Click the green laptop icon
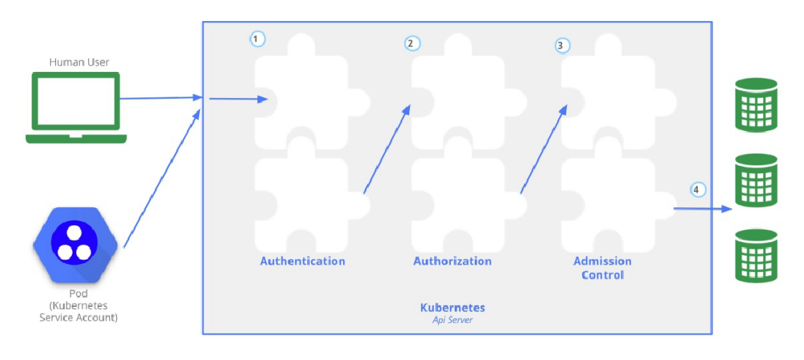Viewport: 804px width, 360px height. click(76, 106)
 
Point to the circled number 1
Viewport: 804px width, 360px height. click(257, 39)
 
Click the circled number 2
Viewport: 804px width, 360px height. click(412, 44)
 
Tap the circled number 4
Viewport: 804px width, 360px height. click(697, 190)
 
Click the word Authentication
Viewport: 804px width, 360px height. click(302, 261)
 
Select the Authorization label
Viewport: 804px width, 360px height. click(452, 261)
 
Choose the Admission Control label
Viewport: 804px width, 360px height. click(602, 268)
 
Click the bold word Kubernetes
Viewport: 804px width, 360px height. click(452, 308)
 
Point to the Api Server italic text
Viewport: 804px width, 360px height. click(452, 319)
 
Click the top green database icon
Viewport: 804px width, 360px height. click(756, 105)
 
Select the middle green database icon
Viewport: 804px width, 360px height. click(756, 180)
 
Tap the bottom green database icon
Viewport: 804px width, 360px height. click(756, 256)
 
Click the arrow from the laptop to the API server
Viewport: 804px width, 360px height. click(160, 97)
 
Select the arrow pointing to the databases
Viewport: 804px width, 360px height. click(702, 209)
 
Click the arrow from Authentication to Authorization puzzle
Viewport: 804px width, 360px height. click(386, 150)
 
